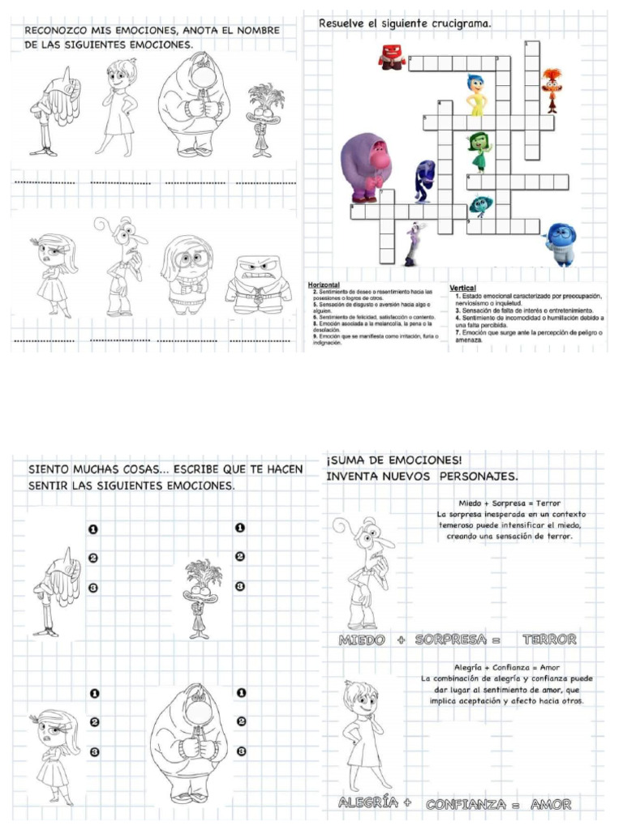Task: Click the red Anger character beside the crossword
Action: (x=392, y=57)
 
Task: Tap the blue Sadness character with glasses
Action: (x=561, y=243)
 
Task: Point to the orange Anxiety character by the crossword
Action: (x=552, y=88)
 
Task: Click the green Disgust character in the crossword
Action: (x=479, y=152)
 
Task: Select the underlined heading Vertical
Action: (x=462, y=289)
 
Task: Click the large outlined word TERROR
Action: (x=549, y=640)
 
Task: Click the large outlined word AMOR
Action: (x=551, y=804)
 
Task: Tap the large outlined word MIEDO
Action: (x=363, y=640)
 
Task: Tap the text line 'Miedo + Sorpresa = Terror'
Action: (x=509, y=503)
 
